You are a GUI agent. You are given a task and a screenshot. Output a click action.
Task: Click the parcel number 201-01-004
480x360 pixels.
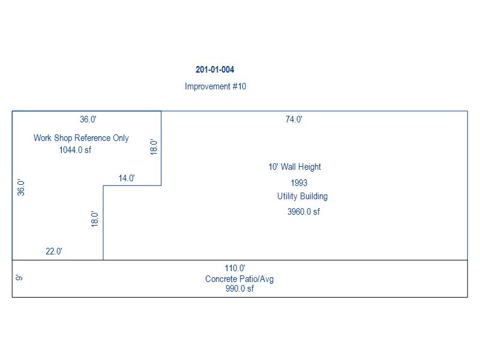pyautogui.click(x=215, y=70)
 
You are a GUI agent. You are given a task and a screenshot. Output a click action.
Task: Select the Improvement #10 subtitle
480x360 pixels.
pyautogui.click(x=215, y=86)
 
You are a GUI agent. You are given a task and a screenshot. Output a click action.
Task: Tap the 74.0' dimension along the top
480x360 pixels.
pyautogui.click(x=293, y=119)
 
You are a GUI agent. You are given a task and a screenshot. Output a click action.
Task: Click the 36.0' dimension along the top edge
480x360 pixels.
pyautogui.click(x=88, y=119)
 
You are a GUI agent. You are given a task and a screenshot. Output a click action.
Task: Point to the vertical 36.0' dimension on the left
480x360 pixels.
pyautogui.click(x=21, y=188)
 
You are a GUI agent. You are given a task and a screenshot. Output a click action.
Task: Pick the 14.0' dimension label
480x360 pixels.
pyautogui.click(x=127, y=178)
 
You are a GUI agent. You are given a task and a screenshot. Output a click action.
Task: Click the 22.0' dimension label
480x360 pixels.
pyautogui.click(x=54, y=251)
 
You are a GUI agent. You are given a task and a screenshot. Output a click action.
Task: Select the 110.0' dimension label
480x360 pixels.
pyautogui.click(x=235, y=269)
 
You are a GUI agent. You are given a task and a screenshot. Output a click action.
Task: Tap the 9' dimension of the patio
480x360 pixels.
pyautogui.click(x=19, y=278)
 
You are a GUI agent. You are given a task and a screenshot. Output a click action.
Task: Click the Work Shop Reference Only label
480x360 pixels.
pyautogui.click(x=81, y=138)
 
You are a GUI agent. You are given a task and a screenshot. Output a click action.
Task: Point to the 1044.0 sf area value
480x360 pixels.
pyautogui.click(x=75, y=150)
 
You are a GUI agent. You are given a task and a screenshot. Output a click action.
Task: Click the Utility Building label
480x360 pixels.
pyautogui.click(x=302, y=196)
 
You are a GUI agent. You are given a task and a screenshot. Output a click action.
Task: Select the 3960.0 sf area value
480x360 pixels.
pyautogui.click(x=304, y=211)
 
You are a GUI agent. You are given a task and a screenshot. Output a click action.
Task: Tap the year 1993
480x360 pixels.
pyautogui.click(x=298, y=183)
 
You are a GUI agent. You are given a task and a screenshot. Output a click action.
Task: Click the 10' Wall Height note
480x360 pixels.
pyautogui.click(x=295, y=167)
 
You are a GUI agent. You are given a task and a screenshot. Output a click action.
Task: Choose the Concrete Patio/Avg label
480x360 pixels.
pyautogui.click(x=239, y=279)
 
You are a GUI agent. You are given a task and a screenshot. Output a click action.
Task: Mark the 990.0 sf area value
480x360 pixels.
pyautogui.click(x=239, y=289)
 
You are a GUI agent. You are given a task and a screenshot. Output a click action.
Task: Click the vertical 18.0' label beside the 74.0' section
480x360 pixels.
pyautogui.click(x=154, y=148)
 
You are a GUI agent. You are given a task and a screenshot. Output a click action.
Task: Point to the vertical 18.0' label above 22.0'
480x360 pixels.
pyautogui.click(x=94, y=218)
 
